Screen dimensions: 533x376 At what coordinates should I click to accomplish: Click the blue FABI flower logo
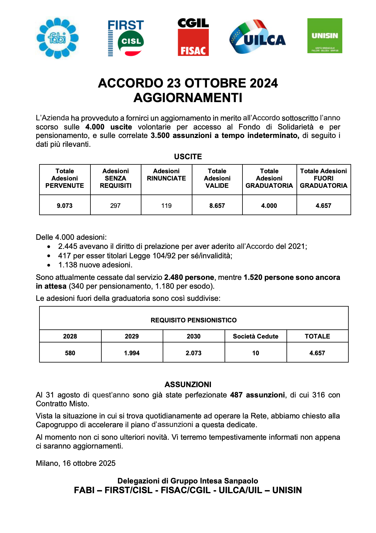click(57, 38)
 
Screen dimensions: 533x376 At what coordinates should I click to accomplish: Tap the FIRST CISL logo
click(126, 38)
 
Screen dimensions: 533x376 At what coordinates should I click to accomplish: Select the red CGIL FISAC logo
click(193, 37)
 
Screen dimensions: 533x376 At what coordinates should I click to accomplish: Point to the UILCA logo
click(257, 37)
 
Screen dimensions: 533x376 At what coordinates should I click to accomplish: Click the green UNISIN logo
click(325, 36)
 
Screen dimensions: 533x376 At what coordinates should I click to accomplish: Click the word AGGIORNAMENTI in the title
click(188, 98)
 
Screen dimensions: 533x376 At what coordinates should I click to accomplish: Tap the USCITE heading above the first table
click(188, 156)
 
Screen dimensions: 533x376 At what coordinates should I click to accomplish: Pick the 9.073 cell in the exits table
click(65, 206)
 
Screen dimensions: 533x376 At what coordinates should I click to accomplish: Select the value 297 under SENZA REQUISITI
click(115, 206)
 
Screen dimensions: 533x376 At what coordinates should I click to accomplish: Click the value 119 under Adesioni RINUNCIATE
click(166, 206)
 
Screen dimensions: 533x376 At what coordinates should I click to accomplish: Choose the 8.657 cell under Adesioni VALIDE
click(217, 206)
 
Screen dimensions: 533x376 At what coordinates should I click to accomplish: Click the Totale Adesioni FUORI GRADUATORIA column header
click(323, 178)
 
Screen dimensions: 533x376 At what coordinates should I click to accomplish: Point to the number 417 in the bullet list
click(64, 256)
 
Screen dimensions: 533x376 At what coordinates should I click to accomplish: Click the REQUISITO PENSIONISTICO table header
click(194, 320)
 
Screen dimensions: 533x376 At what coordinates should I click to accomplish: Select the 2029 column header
click(132, 336)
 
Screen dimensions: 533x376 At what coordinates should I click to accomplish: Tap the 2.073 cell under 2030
click(194, 353)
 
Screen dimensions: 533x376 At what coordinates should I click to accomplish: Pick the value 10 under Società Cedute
click(256, 353)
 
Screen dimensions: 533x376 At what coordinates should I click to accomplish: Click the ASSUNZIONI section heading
click(188, 384)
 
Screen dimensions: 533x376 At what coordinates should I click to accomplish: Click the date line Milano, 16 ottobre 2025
click(76, 463)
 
